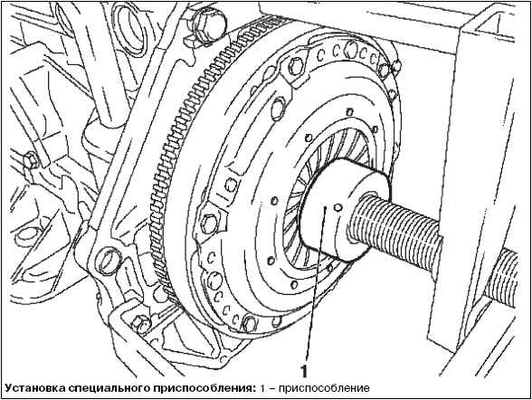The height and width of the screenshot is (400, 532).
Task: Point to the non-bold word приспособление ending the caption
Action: pos(324,388)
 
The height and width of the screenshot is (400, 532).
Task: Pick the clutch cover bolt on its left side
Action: pos(208,223)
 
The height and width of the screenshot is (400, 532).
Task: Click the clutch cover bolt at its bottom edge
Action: pos(250,322)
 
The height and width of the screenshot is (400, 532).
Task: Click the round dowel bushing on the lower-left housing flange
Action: pos(109,262)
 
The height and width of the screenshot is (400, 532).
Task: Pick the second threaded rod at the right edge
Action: pos(502,275)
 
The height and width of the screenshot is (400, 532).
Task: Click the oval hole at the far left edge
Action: pos(28,235)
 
